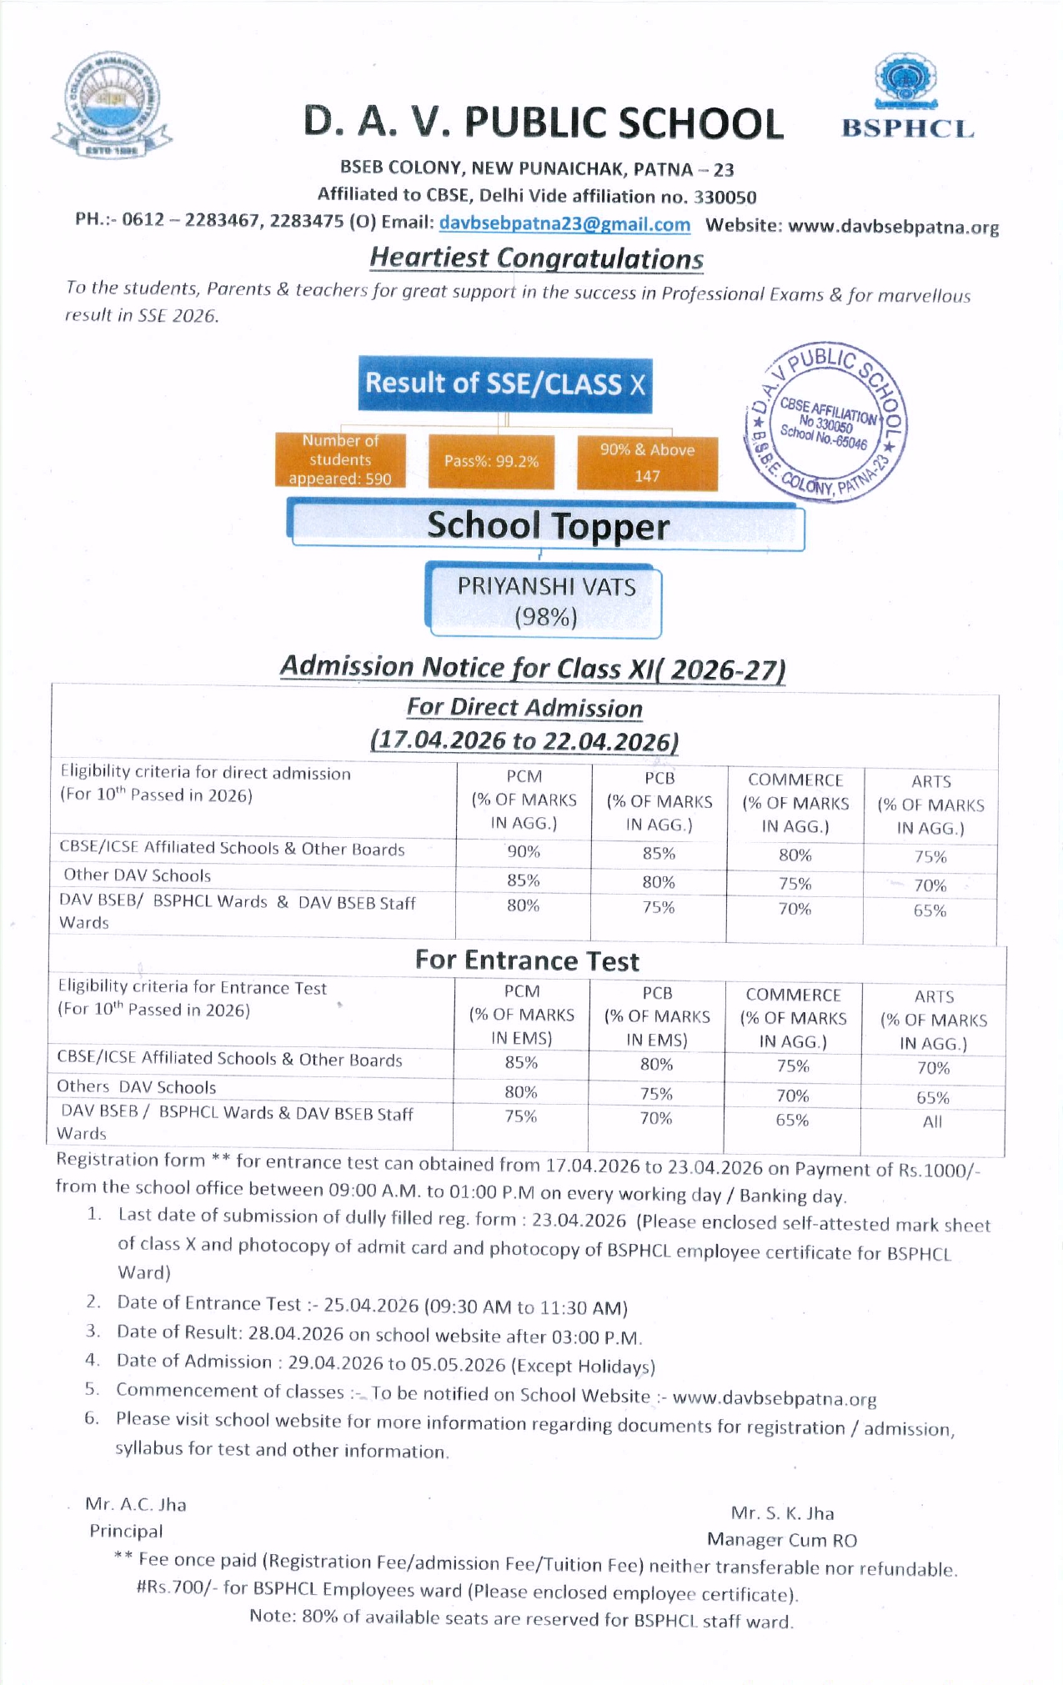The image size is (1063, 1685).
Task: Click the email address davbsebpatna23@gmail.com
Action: (x=564, y=224)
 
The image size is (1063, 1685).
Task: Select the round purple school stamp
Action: (x=826, y=422)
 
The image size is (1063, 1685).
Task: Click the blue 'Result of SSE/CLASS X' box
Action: (x=505, y=384)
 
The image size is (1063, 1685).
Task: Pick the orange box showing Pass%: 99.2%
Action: (x=491, y=461)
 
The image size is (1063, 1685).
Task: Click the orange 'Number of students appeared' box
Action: (x=340, y=459)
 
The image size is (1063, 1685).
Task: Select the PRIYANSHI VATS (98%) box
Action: (x=545, y=601)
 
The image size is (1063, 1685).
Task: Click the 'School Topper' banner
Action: (x=548, y=526)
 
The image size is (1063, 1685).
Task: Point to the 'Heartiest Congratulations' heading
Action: (x=536, y=258)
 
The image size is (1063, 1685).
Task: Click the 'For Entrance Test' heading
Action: (x=527, y=960)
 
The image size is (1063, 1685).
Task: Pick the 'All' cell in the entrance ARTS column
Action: (x=932, y=1121)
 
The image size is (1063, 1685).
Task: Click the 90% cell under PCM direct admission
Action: (x=524, y=852)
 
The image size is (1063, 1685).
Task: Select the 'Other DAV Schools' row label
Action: (x=138, y=875)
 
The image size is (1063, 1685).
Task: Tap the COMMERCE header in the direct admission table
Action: (x=795, y=780)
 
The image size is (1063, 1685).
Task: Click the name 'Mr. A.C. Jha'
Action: (x=136, y=1504)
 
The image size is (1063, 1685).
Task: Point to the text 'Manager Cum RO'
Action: (x=781, y=1539)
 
